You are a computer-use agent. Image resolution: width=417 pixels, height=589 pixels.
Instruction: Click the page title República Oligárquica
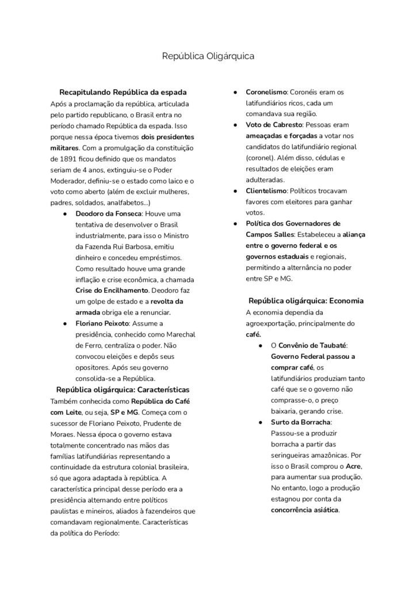coord(208,56)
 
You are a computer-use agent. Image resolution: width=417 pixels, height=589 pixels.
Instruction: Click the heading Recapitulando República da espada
coord(123,92)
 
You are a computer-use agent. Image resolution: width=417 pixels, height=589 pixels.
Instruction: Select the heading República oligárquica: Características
coord(123,389)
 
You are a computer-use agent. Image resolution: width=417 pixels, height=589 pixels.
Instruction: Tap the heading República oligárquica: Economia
coord(305,301)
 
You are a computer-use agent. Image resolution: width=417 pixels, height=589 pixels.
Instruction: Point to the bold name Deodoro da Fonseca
coord(109,213)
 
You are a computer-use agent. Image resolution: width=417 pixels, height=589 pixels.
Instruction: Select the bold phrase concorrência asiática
coord(305,510)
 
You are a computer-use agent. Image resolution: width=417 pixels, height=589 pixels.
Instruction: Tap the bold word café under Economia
coord(253,334)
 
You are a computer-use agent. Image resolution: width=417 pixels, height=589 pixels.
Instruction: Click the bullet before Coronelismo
coord(235,92)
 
